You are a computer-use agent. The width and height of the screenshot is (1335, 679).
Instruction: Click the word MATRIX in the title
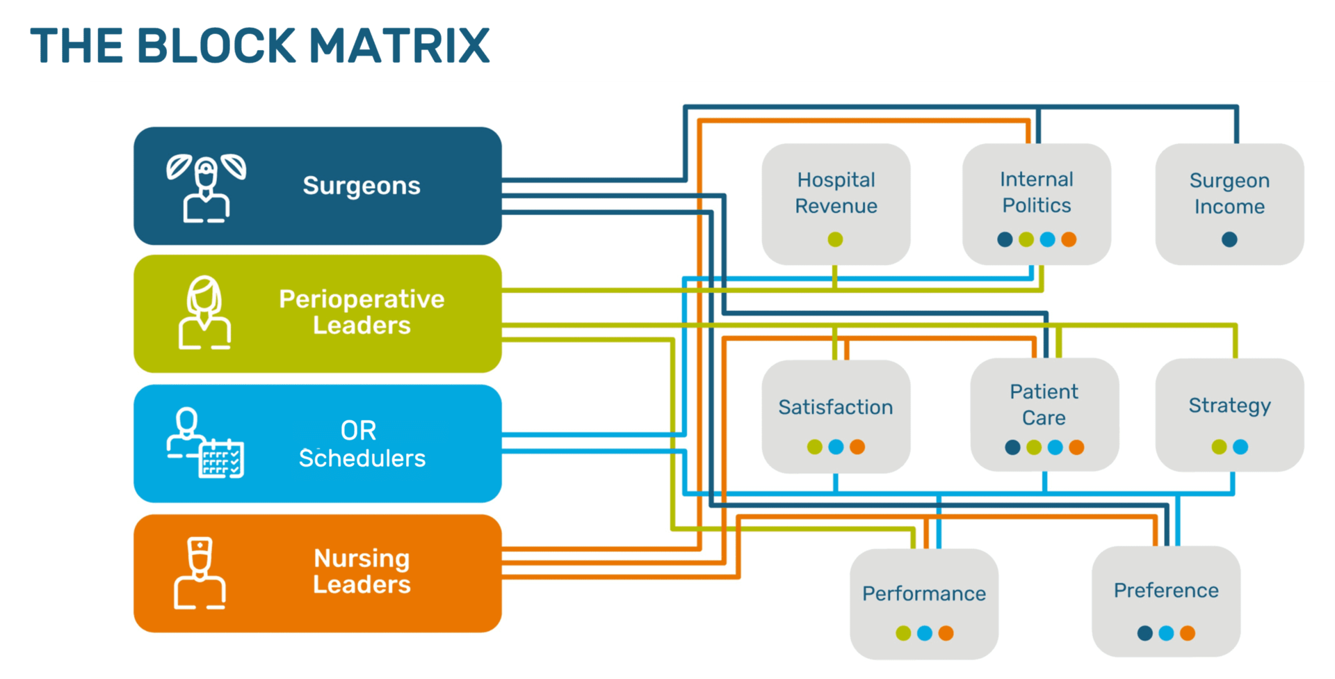point(399,46)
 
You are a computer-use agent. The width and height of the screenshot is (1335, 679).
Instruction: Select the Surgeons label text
point(362,186)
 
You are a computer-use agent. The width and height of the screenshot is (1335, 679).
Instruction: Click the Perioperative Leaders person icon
point(204,312)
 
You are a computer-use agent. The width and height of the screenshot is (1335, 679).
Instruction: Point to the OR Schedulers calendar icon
point(222,459)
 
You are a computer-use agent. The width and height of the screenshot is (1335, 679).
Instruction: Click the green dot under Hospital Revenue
point(835,239)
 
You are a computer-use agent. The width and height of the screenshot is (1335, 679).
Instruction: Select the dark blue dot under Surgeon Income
point(1229,239)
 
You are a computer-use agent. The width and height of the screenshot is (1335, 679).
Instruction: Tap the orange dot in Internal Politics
point(1069,239)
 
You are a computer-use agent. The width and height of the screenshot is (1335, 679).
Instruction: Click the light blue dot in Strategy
point(1240,447)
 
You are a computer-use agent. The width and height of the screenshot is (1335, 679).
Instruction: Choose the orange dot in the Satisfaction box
point(857,447)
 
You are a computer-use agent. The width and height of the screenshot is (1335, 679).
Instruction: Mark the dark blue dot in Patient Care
point(1012,447)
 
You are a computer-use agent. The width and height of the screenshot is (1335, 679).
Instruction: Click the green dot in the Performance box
point(903,633)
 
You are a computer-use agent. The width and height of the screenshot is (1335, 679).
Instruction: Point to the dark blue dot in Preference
point(1144,633)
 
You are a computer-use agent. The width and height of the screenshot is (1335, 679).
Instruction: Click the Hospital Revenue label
point(836,193)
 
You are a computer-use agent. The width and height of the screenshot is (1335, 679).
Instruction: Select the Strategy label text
point(1229,405)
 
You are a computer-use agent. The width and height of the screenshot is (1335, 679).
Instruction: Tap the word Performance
point(924,593)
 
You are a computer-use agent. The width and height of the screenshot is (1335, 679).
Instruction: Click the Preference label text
point(1166,591)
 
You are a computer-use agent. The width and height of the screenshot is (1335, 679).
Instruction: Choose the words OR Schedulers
point(362,445)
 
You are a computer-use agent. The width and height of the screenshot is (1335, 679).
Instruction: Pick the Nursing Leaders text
point(362,571)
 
